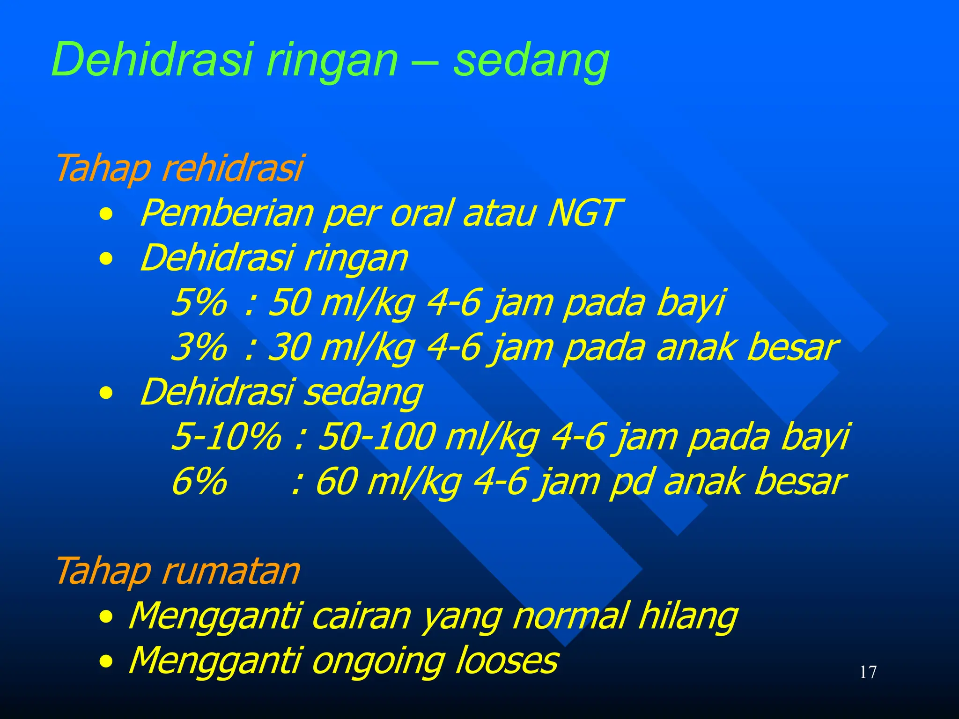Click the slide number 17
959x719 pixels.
click(x=868, y=672)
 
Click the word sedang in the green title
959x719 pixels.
click(x=531, y=61)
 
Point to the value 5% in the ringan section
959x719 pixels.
click(x=199, y=302)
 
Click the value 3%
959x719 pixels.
click(x=199, y=347)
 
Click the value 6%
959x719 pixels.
click(x=199, y=481)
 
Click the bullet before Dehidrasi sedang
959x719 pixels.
click(x=106, y=394)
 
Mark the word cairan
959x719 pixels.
click(x=361, y=616)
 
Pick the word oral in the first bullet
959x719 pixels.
click(x=422, y=213)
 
